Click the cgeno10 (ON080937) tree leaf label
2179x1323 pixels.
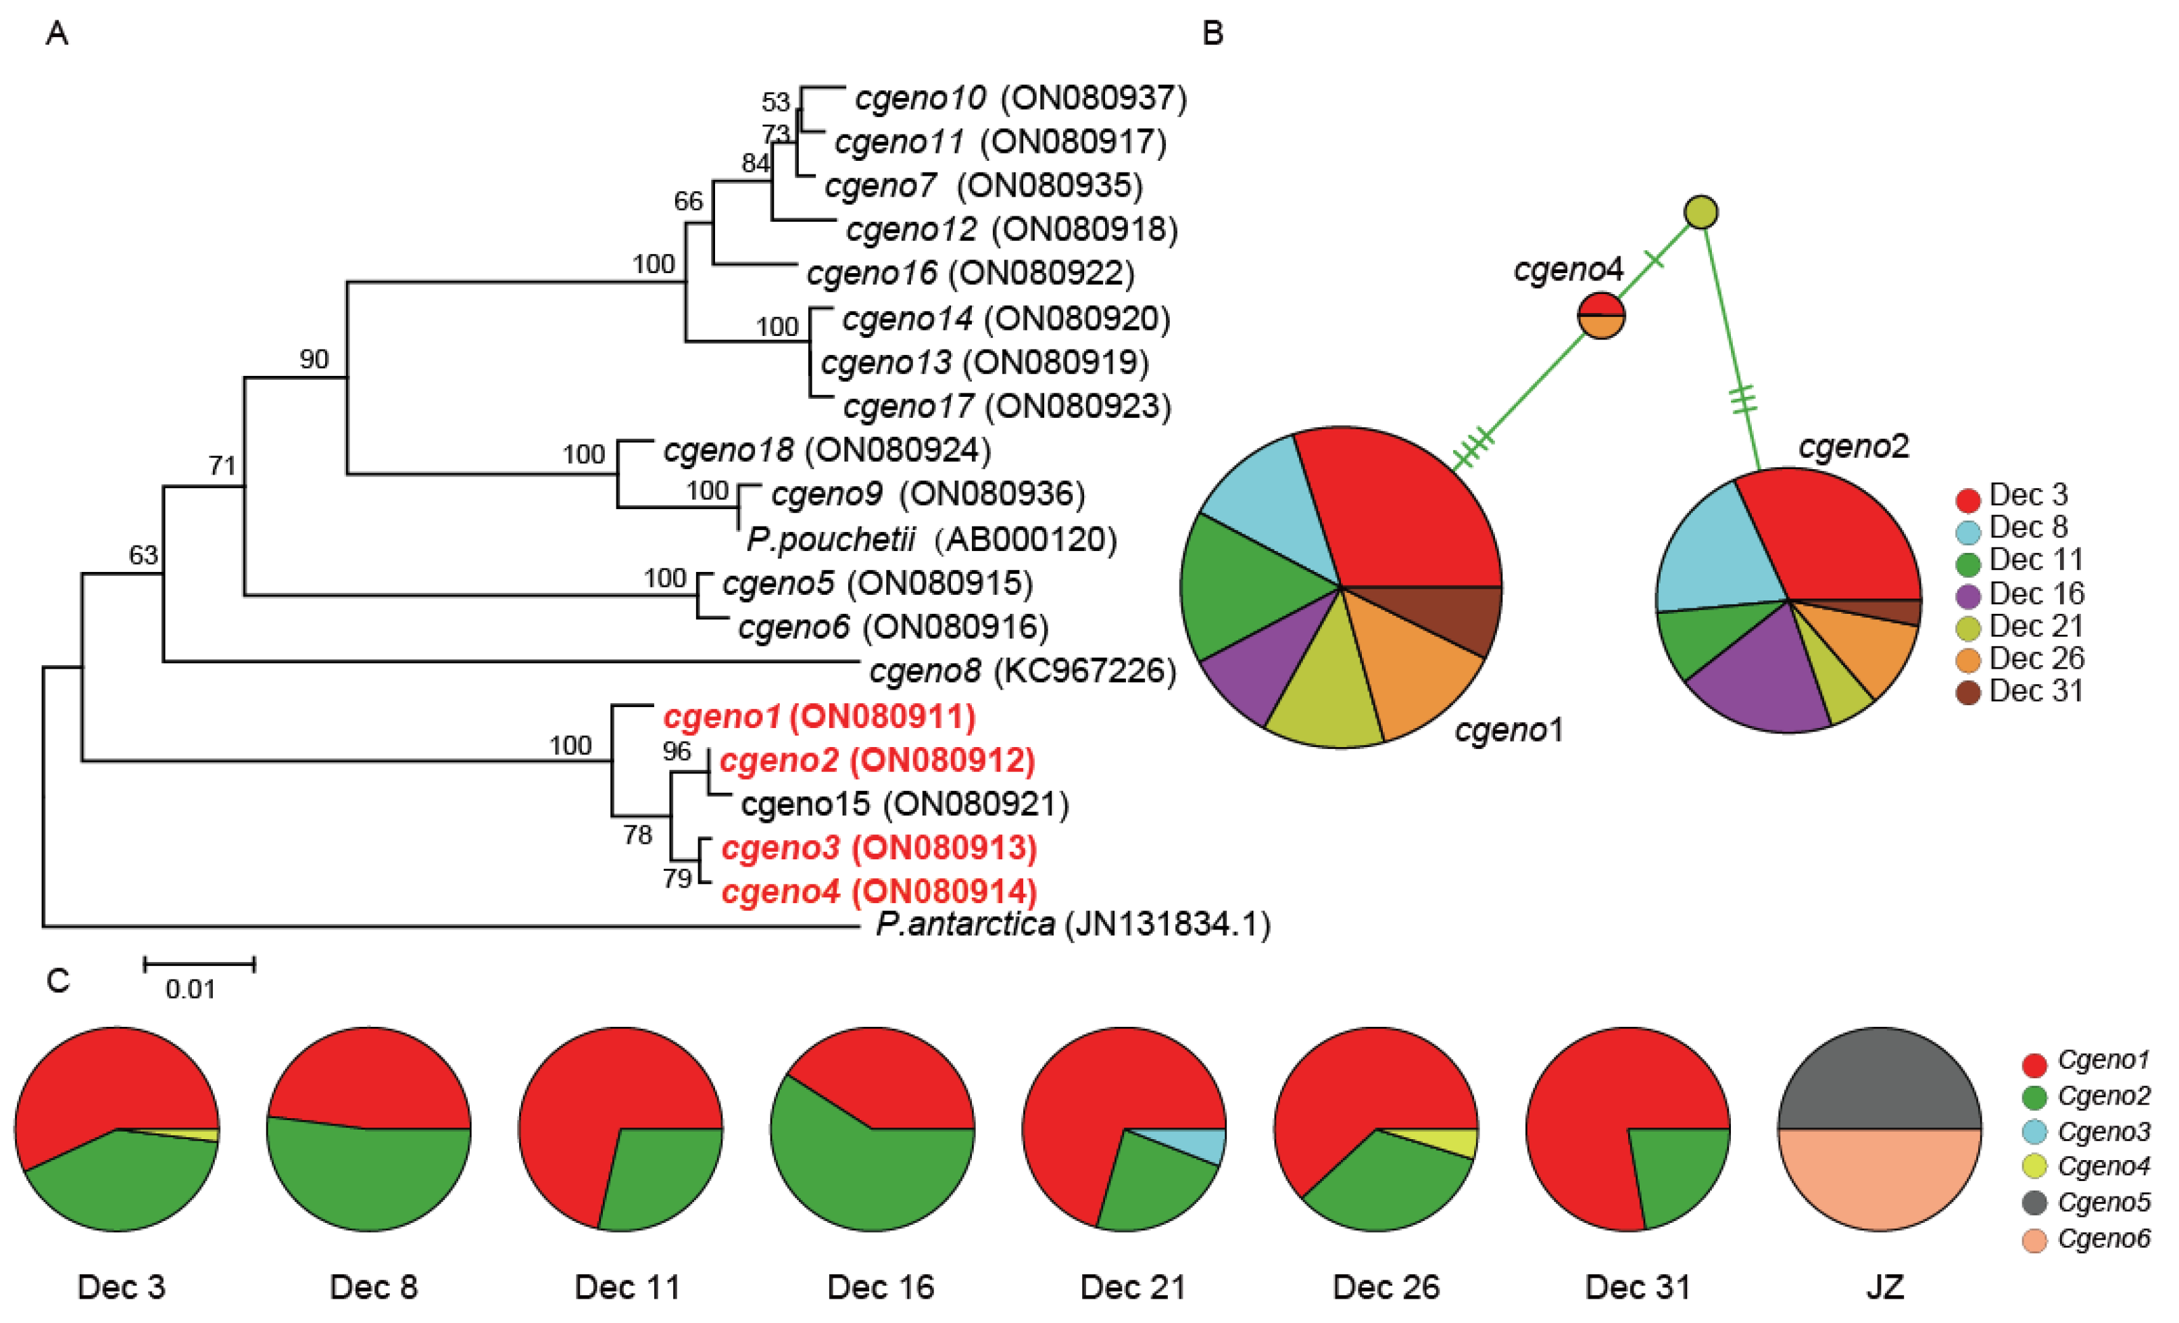point(1020,97)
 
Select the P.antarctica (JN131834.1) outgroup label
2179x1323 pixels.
point(1072,924)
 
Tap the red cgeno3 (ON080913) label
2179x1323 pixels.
point(878,847)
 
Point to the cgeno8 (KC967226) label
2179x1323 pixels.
point(1023,671)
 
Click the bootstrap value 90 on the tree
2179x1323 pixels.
point(314,359)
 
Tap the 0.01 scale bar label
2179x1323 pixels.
point(190,989)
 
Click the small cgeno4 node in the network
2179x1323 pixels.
point(1600,316)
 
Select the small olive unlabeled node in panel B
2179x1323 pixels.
point(1700,212)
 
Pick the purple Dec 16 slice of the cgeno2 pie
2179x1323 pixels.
point(1755,681)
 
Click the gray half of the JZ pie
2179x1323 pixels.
point(1879,1083)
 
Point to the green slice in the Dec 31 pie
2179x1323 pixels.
point(1675,1172)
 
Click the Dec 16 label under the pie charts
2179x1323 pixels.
point(880,1286)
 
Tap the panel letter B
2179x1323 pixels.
point(1213,34)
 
